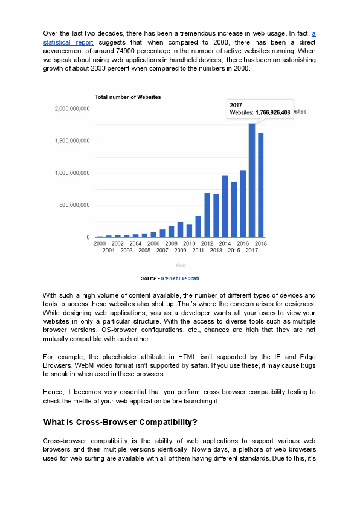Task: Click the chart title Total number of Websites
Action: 127,97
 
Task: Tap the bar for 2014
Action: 225,206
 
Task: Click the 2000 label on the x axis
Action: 100,243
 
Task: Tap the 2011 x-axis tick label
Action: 198,250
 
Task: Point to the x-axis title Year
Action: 180,265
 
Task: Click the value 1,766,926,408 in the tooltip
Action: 272,112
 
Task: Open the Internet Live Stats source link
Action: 180,278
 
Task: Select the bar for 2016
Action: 243,204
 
